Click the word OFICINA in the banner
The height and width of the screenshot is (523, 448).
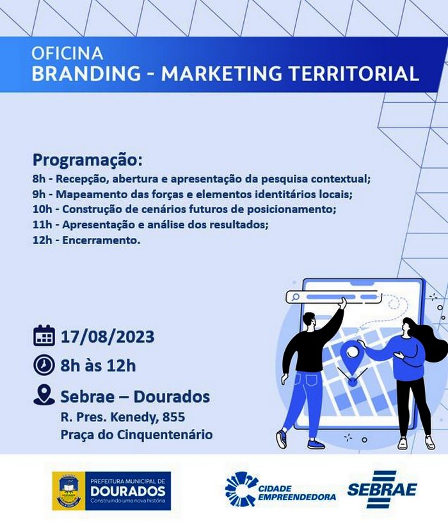[x=67, y=53]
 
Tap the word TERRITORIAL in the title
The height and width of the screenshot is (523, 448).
[x=353, y=74]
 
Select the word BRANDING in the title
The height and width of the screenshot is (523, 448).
[x=86, y=74]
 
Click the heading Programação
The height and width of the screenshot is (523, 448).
[x=88, y=160]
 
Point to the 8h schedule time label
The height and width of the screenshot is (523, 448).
[x=39, y=179]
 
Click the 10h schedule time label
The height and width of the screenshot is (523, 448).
[x=42, y=210]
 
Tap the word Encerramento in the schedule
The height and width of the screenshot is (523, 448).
[x=101, y=240]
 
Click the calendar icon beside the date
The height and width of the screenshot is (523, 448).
[x=44, y=335]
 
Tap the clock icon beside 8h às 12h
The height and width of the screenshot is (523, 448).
[x=44, y=365]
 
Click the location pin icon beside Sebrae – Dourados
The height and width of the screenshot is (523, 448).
[x=44, y=395]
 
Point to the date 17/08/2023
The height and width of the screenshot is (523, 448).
[x=108, y=336]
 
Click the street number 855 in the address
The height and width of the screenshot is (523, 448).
[x=173, y=417]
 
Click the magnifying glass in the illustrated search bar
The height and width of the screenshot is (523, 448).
[x=295, y=297]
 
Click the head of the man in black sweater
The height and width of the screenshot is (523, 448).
[x=310, y=322]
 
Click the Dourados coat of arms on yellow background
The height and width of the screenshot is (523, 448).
[x=69, y=491]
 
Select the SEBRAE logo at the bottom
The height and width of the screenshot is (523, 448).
[x=382, y=489]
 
